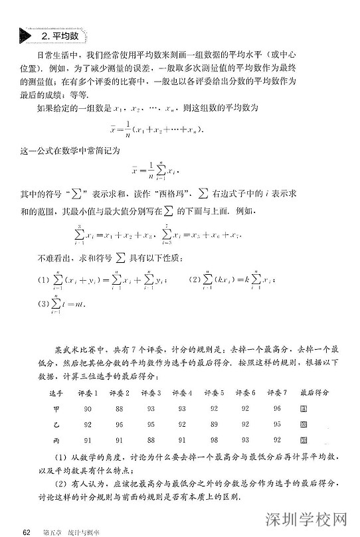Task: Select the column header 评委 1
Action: pyautogui.click(x=88, y=393)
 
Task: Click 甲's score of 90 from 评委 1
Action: pyautogui.click(x=88, y=408)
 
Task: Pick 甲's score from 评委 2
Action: pyautogui.click(x=120, y=408)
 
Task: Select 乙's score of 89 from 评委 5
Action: pyautogui.click(x=214, y=423)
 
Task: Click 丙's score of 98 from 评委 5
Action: pyautogui.click(x=214, y=439)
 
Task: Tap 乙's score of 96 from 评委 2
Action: pyautogui.click(x=120, y=423)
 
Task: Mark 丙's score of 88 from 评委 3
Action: pyautogui.click(x=151, y=439)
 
